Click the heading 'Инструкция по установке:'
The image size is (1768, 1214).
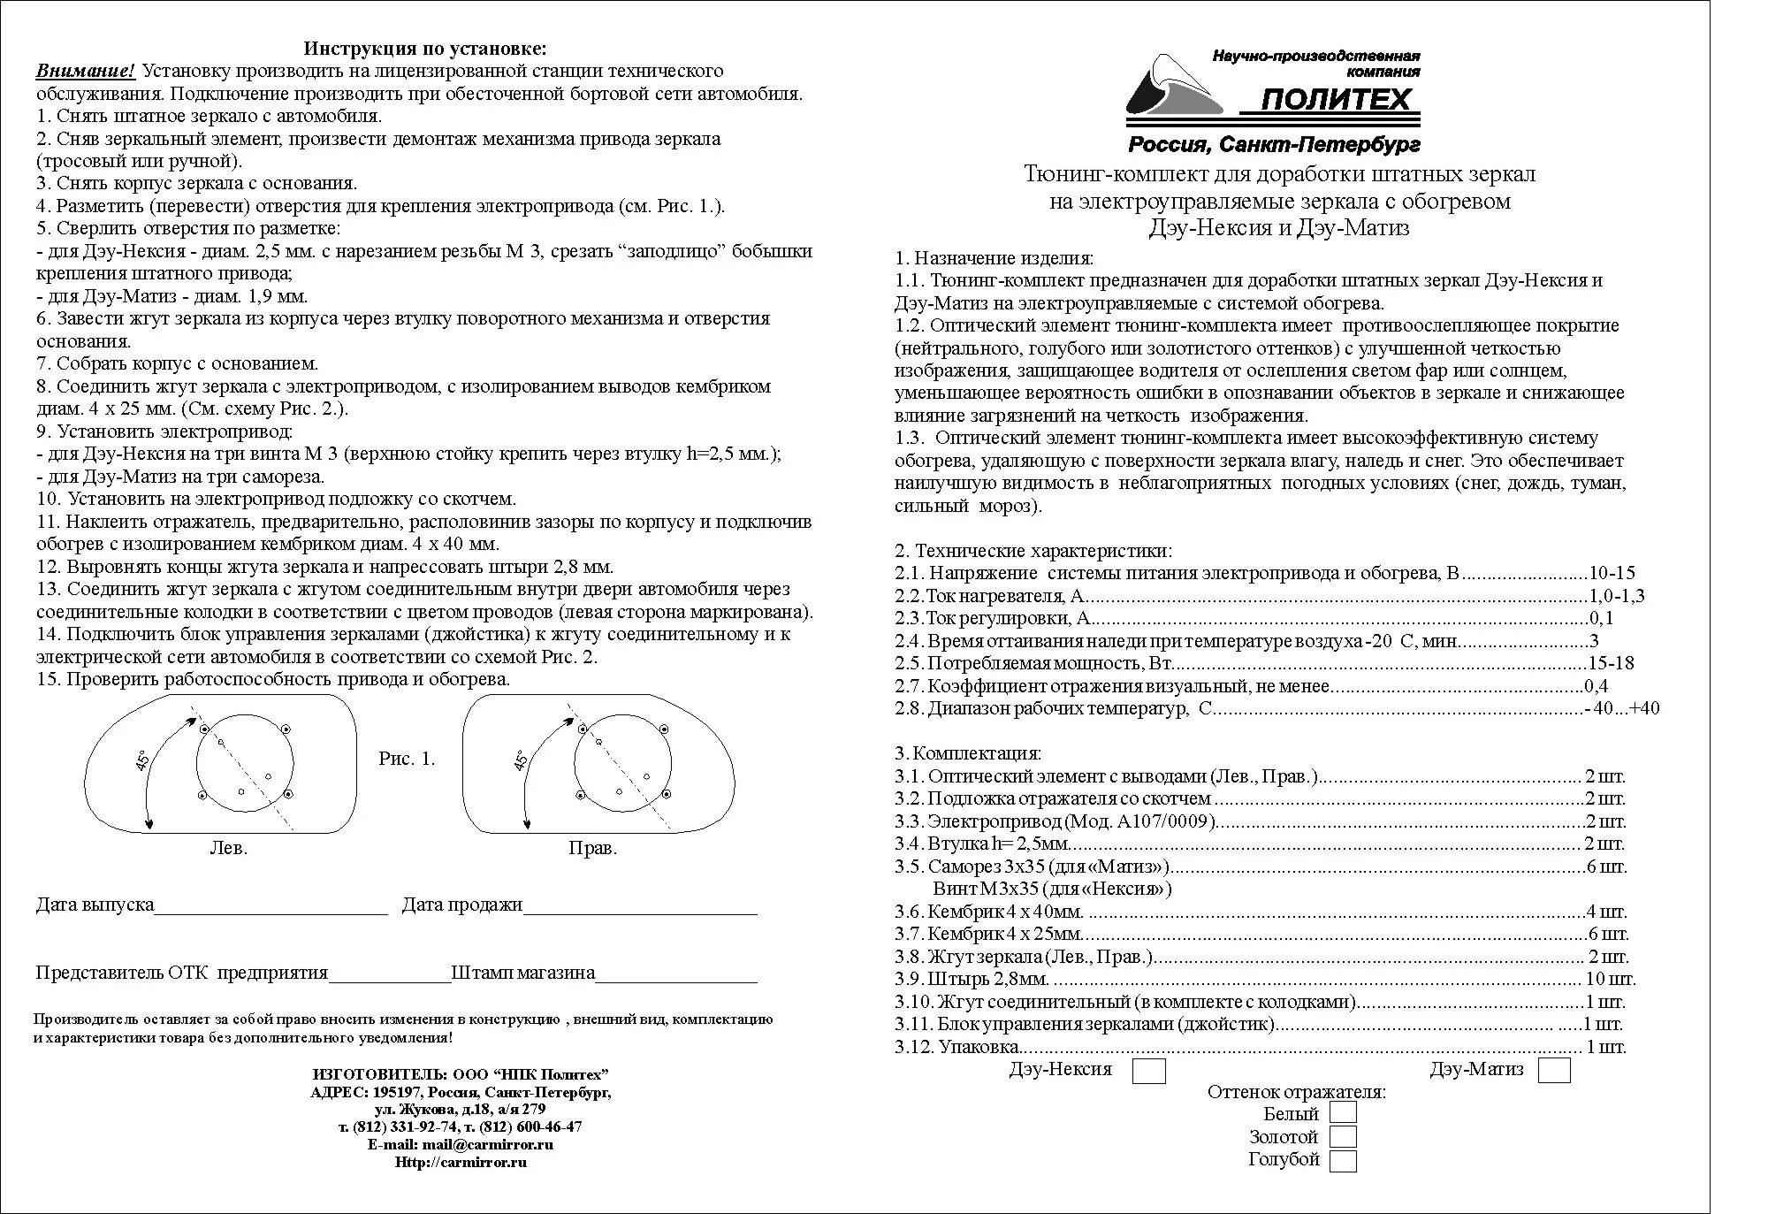pos(425,48)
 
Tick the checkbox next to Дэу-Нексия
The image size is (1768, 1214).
pos(1149,1071)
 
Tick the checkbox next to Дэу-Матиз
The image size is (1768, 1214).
pos(1553,1071)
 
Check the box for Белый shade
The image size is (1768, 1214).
pos(1343,1112)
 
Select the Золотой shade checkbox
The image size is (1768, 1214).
pos(1343,1136)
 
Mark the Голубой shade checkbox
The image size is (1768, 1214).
pos(1343,1160)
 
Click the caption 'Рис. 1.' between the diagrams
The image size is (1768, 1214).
pos(407,759)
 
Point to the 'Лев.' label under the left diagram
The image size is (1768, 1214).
pos(228,848)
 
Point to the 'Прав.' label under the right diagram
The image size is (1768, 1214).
pos(592,848)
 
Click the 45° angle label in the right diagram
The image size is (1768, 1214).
pos(522,760)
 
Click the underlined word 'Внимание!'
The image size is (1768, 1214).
pos(86,71)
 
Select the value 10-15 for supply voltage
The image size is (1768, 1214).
pos(1612,573)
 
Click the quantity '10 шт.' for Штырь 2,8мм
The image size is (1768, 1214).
pos(1611,979)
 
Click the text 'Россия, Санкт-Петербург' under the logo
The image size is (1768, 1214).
pos(1274,144)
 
